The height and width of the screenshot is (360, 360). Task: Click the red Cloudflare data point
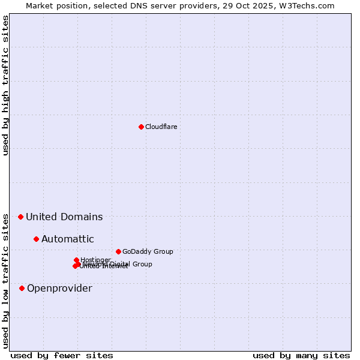click(x=141, y=127)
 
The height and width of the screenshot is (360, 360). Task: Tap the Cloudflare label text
click(x=161, y=127)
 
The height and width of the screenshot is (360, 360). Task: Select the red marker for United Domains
click(x=20, y=217)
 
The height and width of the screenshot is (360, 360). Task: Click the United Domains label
click(x=64, y=217)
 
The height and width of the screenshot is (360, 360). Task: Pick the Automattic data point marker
click(x=36, y=239)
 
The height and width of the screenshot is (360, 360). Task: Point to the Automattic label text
click(x=67, y=239)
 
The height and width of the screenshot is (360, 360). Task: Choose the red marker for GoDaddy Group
click(x=118, y=251)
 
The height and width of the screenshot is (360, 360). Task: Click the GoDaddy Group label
click(x=148, y=251)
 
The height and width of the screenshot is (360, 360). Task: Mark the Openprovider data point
click(x=22, y=288)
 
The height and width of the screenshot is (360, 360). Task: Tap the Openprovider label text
click(x=59, y=288)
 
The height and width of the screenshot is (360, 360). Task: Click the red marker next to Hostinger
click(x=76, y=260)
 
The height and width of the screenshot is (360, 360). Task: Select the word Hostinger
click(x=96, y=259)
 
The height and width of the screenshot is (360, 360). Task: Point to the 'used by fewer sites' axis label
click(x=62, y=355)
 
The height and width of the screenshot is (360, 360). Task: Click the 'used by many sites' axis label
click(x=301, y=355)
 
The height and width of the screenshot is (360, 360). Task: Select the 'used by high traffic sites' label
click(x=5, y=85)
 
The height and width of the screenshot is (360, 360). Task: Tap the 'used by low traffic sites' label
click(x=5, y=280)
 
